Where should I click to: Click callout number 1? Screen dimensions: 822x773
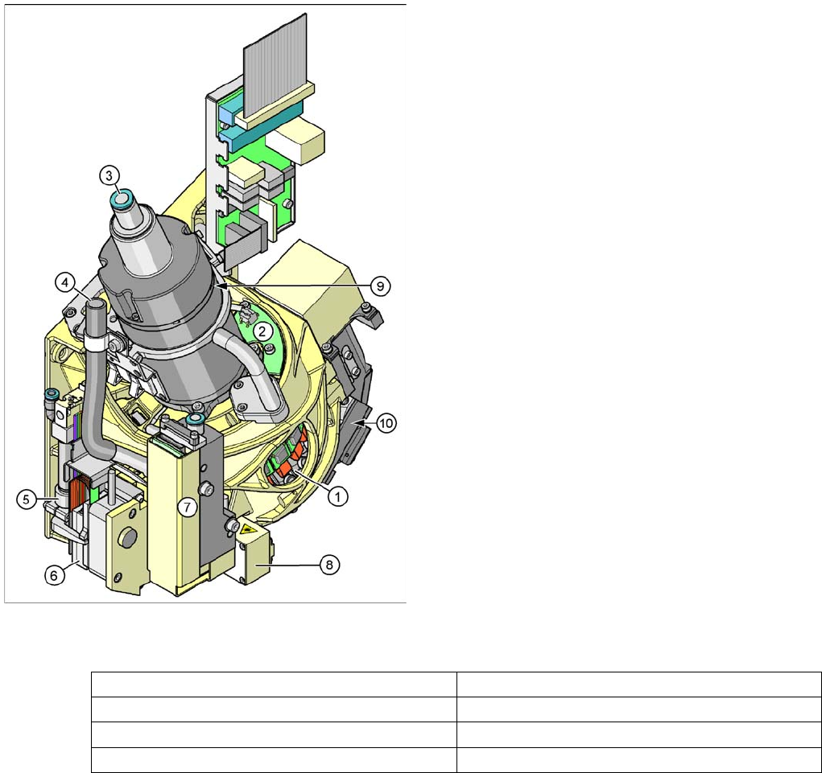click(x=337, y=496)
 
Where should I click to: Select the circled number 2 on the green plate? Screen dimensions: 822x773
click(x=262, y=331)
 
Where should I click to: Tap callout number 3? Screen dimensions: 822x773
click(x=109, y=175)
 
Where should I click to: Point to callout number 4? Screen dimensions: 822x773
click(x=64, y=283)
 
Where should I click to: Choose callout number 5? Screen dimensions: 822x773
click(x=27, y=499)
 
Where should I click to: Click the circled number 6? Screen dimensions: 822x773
click(x=54, y=575)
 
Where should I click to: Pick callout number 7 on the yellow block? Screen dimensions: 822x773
click(x=187, y=507)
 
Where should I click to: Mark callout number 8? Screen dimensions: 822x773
click(x=329, y=565)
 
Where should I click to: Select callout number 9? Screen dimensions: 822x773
click(x=380, y=286)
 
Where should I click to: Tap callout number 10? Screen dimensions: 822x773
click(x=386, y=422)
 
